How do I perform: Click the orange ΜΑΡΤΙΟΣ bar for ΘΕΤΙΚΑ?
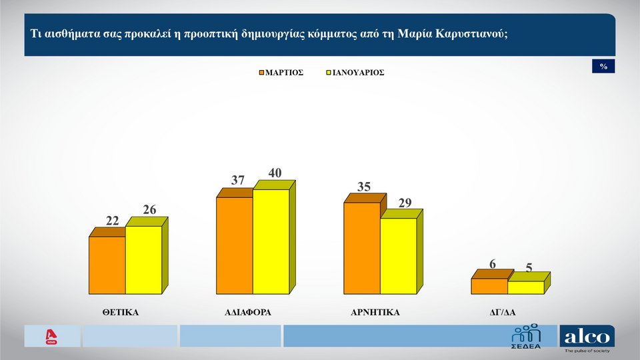click(x=107, y=265)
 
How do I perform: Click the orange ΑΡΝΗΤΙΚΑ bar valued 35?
click(x=362, y=248)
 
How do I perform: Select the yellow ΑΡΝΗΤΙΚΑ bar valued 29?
click(x=399, y=256)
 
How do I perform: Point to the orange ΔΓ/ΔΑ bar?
click(x=489, y=286)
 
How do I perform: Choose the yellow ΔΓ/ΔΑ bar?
click(x=526, y=287)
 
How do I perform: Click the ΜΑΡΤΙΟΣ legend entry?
click(x=281, y=72)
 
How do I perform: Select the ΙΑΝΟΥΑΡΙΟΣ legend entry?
click(x=355, y=72)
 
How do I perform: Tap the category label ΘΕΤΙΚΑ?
click(x=121, y=311)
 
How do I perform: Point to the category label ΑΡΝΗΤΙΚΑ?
click(x=375, y=311)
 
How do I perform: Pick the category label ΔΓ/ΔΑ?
click(x=503, y=311)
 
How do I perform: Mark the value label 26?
click(x=149, y=210)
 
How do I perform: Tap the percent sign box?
click(x=603, y=67)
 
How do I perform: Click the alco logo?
click(x=587, y=338)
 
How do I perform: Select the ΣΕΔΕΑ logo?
click(x=526, y=337)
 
